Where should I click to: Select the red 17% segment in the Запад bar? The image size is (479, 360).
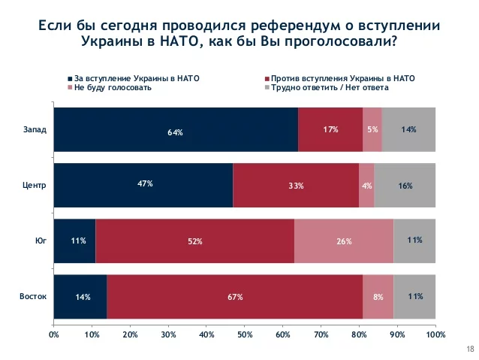click(x=330, y=130)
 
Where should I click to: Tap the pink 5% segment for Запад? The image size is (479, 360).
click(x=372, y=130)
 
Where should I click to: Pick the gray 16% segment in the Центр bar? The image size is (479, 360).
click(x=405, y=185)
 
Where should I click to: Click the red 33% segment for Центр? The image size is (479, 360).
click(x=296, y=185)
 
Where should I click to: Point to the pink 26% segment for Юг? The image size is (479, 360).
click(x=344, y=241)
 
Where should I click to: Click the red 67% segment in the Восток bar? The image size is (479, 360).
click(x=235, y=296)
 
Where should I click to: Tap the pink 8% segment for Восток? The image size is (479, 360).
click(x=378, y=296)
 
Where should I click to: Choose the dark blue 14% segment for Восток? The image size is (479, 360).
click(x=80, y=296)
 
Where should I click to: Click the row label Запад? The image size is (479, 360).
click(x=35, y=129)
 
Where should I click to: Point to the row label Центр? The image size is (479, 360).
click(x=35, y=185)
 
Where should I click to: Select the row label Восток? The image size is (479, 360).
click(x=33, y=296)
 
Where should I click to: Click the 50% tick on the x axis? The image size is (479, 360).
click(x=245, y=333)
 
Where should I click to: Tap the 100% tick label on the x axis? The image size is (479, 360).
click(x=435, y=333)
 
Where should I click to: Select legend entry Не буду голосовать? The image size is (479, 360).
click(x=113, y=87)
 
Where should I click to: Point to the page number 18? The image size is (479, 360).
click(x=470, y=348)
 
